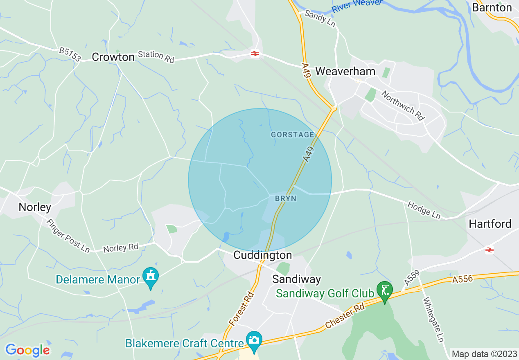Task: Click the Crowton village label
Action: [113, 57]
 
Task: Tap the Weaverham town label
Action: [345, 71]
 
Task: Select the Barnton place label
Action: [492, 8]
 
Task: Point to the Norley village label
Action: [35, 207]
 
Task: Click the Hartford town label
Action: [490, 224]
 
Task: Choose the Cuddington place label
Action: [263, 255]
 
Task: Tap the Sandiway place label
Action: [297, 279]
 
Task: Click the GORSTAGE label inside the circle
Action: [292, 135]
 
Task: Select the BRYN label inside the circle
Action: [285, 198]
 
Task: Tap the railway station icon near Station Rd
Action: [255, 54]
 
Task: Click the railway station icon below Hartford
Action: [489, 250]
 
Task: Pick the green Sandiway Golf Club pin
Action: [384, 291]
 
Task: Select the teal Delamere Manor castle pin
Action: [151, 277]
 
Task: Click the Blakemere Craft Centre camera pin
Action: [254, 340]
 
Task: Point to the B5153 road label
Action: [70, 54]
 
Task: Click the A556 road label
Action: [463, 279]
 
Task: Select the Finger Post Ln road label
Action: [68, 236]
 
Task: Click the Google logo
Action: [27, 350]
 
